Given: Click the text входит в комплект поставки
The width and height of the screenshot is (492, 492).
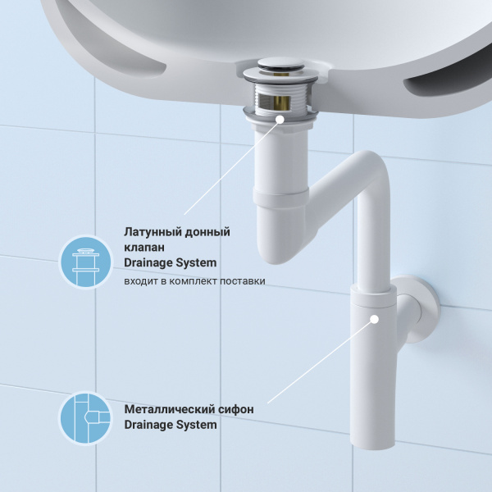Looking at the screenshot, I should pos(194,281).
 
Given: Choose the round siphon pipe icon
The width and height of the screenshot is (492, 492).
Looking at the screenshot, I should pos(85,417).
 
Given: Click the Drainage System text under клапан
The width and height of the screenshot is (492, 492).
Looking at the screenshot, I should pos(170,263).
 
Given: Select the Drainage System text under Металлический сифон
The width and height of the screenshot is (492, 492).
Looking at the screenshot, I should pos(170,425).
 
